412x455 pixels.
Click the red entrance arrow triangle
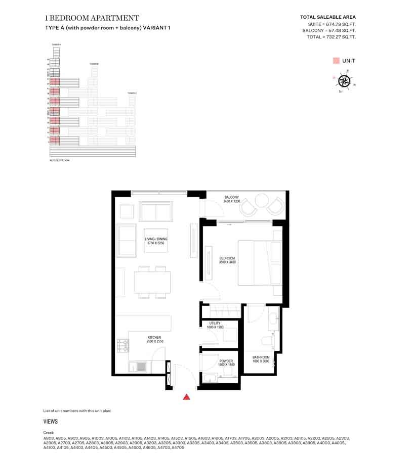click(x=187, y=397)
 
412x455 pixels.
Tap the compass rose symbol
click(x=344, y=80)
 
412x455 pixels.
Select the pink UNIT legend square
click(x=336, y=61)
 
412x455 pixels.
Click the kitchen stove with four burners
click(x=122, y=346)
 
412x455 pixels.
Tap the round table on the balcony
click(x=262, y=201)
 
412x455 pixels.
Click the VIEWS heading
click(x=51, y=421)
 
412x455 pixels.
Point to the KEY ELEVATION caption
click(x=59, y=160)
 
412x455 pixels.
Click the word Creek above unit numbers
click(x=49, y=433)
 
